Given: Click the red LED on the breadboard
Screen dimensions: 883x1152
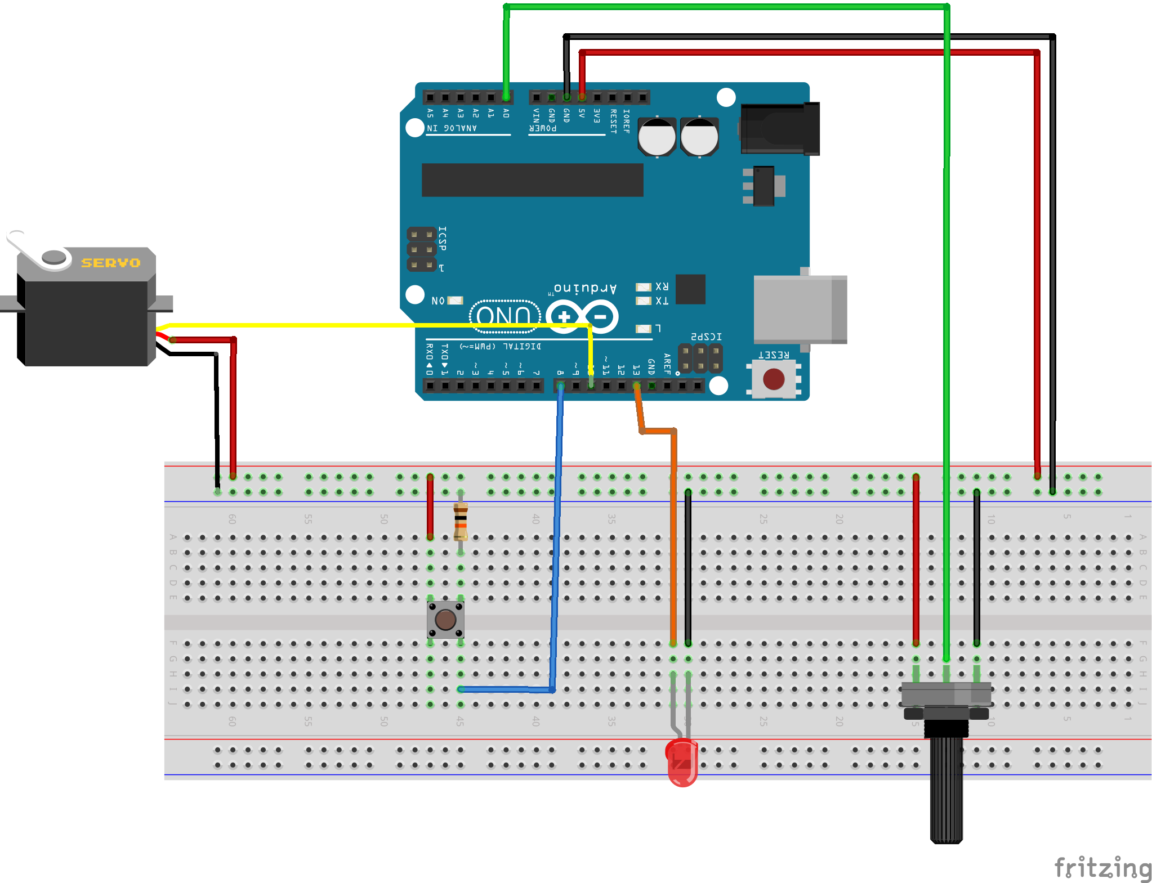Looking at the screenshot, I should pyautogui.click(x=681, y=763).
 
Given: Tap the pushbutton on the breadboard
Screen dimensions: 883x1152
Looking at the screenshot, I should pyautogui.click(x=445, y=620).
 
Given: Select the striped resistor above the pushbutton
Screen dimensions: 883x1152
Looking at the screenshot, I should pyautogui.click(x=461, y=521).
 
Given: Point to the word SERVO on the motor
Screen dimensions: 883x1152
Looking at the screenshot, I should pyautogui.click(x=110, y=263).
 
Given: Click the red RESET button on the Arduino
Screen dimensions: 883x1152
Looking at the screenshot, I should pyautogui.click(x=774, y=379).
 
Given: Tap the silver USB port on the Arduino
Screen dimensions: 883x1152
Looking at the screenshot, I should pyautogui.click(x=800, y=309).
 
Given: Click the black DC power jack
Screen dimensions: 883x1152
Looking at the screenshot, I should pyautogui.click(x=780, y=129).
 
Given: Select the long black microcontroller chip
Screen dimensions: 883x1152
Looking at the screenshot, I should pyautogui.click(x=532, y=180).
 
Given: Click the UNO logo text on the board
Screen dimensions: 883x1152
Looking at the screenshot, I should pyautogui.click(x=504, y=316).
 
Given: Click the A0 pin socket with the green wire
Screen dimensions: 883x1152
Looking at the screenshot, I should pyautogui.click(x=506, y=97).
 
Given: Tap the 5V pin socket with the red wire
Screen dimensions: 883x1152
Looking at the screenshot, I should pyautogui.click(x=582, y=97).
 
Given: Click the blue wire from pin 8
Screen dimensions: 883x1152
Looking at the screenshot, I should pyautogui.click(x=557, y=535).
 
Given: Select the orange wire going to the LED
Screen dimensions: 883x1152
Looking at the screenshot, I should pyautogui.click(x=673, y=535).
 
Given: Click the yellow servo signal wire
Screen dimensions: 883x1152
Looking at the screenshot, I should pyautogui.click(x=366, y=325).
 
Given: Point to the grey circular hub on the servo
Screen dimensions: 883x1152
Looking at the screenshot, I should pyautogui.click(x=54, y=257).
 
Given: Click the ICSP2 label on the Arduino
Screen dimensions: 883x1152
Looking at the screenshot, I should pyautogui.click(x=706, y=337).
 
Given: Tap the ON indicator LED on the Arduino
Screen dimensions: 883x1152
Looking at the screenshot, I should pyautogui.click(x=454, y=301).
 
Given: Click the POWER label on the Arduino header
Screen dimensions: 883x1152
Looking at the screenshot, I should pyautogui.click(x=543, y=128).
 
